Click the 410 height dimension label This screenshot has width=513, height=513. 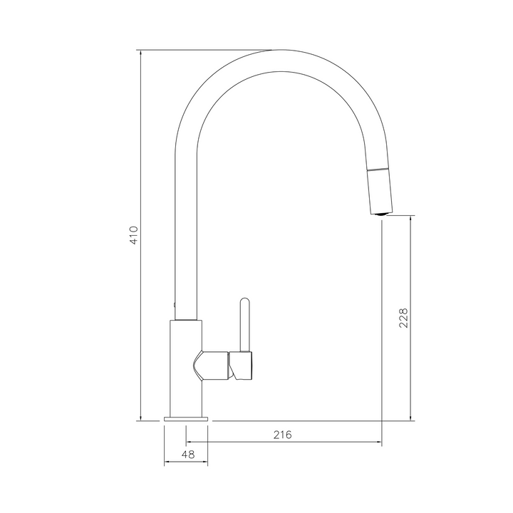click(x=135, y=235)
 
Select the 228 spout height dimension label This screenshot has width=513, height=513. click(x=403, y=318)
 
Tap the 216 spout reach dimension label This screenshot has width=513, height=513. click(x=282, y=435)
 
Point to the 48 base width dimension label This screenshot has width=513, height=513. click(x=188, y=455)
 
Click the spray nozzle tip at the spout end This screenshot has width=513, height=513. click(x=380, y=214)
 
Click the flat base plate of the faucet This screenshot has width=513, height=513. click(x=186, y=419)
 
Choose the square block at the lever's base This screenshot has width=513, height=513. click(x=241, y=366)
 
